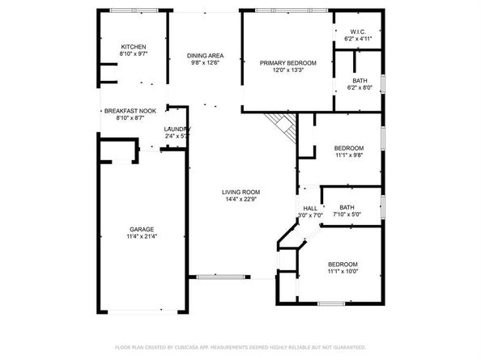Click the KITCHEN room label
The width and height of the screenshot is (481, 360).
(x=133, y=47)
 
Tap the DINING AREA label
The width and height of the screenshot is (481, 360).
(x=205, y=55)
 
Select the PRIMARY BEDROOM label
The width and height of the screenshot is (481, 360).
(x=287, y=62)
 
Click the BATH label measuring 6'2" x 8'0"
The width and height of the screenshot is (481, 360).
(x=360, y=80)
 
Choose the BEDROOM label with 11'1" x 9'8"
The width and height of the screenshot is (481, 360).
(x=349, y=148)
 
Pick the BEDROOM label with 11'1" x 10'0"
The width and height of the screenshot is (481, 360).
(x=343, y=265)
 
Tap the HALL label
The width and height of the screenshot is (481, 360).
(x=310, y=208)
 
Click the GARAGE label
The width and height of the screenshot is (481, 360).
(x=142, y=229)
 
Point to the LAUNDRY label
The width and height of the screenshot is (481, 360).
(x=177, y=129)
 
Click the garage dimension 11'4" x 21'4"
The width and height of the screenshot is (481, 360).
(x=142, y=237)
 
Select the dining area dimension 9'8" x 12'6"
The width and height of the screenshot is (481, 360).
(x=205, y=63)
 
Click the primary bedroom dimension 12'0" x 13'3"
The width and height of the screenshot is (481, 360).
(x=287, y=70)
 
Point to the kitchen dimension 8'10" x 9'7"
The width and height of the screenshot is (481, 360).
(x=133, y=55)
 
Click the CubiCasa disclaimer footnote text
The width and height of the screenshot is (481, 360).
(x=240, y=347)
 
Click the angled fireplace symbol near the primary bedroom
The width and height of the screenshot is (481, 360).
(x=283, y=126)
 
